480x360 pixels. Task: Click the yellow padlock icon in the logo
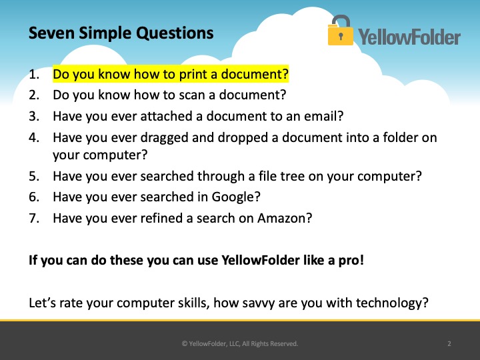point(341,30)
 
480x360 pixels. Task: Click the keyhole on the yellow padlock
point(341,36)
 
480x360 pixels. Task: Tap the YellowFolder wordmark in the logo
point(409,37)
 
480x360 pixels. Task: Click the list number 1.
point(34,74)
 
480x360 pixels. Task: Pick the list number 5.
point(34,176)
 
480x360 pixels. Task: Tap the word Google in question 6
point(233,197)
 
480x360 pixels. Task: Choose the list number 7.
point(34,218)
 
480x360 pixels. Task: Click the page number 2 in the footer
point(449,344)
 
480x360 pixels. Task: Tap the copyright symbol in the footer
point(185,344)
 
